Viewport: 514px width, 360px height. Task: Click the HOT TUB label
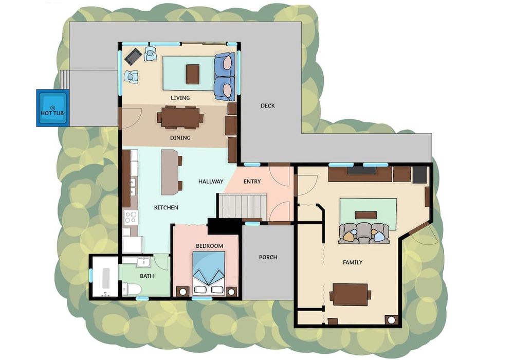point(52,113)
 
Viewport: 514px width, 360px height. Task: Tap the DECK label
point(267,105)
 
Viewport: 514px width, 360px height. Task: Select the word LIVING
point(180,98)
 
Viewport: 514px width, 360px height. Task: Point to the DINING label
point(180,138)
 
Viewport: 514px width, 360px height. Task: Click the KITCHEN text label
point(166,208)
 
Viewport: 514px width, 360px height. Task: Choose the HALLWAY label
point(211,182)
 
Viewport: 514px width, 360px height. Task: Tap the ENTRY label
point(252,182)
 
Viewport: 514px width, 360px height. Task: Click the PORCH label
point(268,257)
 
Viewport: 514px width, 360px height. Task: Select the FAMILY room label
point(353,262)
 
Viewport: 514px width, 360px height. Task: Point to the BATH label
point(147,276)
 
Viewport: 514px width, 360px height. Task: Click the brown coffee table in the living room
point(192,74)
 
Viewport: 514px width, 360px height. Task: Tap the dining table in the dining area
point(180,117)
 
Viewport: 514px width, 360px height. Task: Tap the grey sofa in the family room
point(364,233)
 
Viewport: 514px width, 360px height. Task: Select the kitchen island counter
point(170,172)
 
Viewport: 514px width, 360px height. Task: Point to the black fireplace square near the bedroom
point(225,226)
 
